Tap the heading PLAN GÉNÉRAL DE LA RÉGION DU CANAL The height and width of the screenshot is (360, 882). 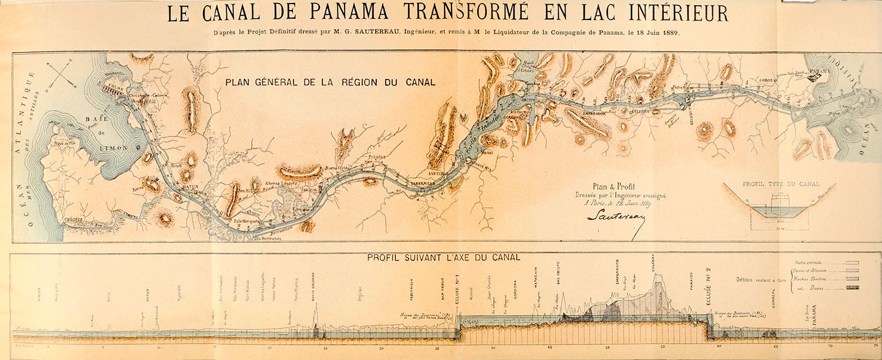point(330,82)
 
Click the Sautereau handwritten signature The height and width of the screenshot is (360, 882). point(616,216)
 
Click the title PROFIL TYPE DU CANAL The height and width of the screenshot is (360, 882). point(781,184)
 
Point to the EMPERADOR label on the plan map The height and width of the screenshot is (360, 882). point(594,114)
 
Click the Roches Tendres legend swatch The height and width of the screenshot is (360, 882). point(851,279)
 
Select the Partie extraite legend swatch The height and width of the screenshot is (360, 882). point(851,262)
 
